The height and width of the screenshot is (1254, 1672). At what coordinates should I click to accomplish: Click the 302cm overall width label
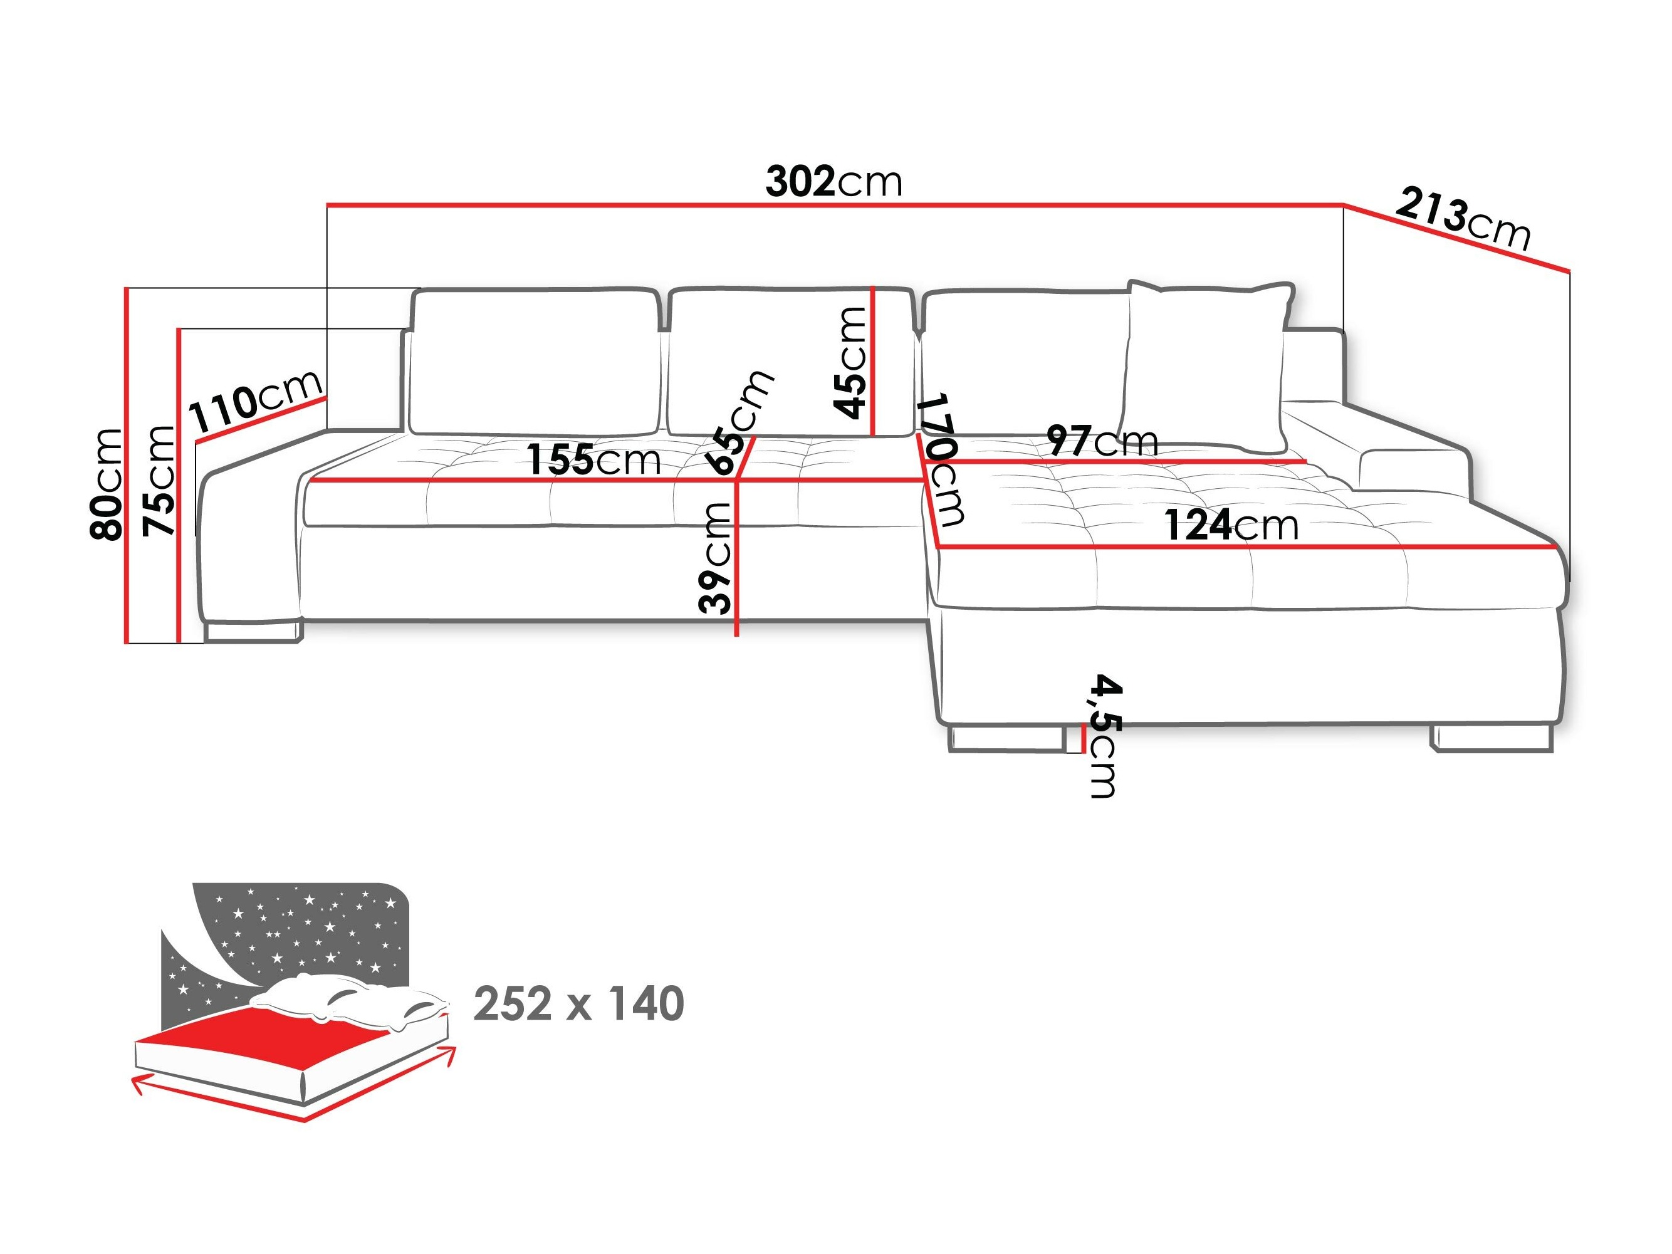pyautogui.click(x=833, y=182)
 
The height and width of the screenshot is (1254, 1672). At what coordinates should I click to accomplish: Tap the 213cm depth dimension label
pyautogui.click(x=1463, y=219)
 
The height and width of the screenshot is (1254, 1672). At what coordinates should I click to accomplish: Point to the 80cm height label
pyautogui.click(x=107, y=484)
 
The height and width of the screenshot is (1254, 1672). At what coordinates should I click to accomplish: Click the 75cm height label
pyautogui.click(x=159, y=481)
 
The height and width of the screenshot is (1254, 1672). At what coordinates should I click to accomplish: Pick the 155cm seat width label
pyautogui.click(x=593, y=459)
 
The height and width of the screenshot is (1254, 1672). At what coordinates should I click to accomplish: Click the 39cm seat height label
pyautogui.click(x=715, y=558)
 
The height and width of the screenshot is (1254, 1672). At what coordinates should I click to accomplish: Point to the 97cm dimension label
pyautogui.click(x=1102, y=440)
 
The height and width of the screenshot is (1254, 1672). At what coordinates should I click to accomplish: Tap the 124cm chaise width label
pyautogui.click(x=1231, y=525)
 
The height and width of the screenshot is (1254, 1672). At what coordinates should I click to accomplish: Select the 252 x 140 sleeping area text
pyautogui.click(x=578, y=1004)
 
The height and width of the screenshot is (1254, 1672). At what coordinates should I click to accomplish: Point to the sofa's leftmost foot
pyautogui.click(x=253, y=631)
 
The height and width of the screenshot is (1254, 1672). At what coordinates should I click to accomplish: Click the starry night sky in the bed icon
pyautogui.click(x=302, y=930)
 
